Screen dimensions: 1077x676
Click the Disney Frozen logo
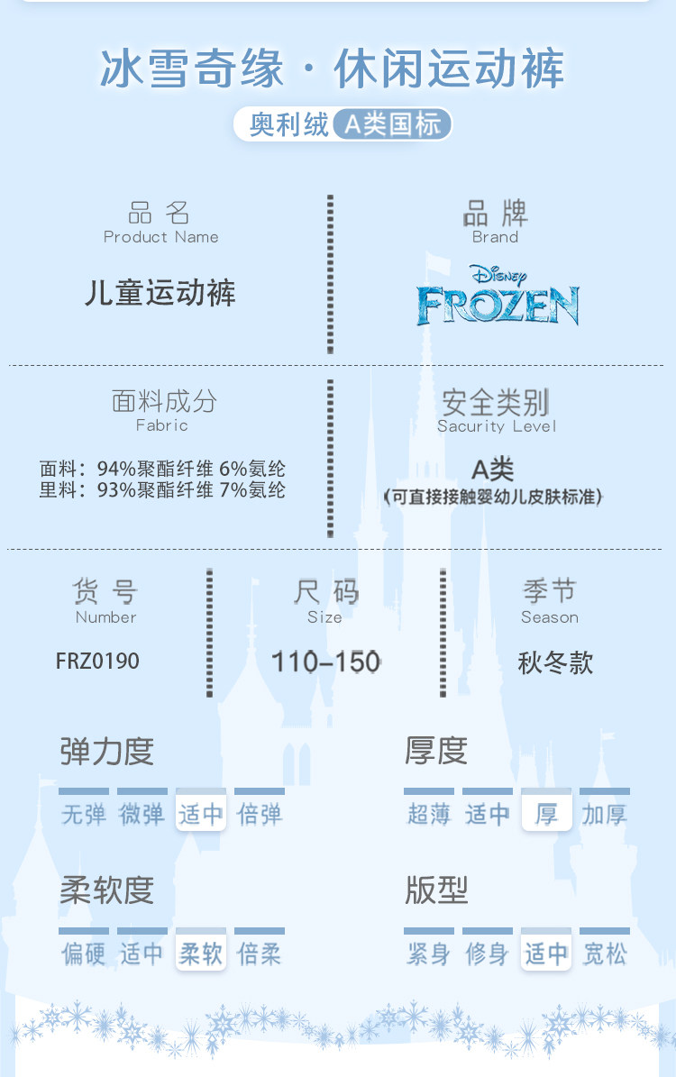click(497, 297)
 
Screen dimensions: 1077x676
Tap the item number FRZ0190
click(97, 662)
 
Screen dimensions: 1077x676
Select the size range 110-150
click(325, 662)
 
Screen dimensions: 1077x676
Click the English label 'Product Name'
click(160, 237)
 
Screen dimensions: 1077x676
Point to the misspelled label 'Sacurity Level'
click(497, 426)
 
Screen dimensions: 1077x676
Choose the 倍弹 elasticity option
click(260, 815)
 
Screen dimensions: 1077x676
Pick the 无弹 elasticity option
click(84, 815)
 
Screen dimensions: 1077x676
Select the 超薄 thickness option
click(429, 815)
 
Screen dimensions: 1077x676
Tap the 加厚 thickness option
click(604, 815)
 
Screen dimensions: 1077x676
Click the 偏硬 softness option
click(84, 954)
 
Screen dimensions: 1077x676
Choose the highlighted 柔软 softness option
click(201, 954)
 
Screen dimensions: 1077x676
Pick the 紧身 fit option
click(429, 954)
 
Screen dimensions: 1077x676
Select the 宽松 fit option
click(604, 954)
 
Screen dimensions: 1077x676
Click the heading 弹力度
click(107, 752)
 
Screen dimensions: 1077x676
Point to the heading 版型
click(436, 890)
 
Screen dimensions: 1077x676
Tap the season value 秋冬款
click(555, 663)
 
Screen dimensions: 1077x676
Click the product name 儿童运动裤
click(160, 294)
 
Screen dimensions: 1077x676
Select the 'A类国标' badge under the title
click(392, 124)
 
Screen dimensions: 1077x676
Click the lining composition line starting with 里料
click(162, 490)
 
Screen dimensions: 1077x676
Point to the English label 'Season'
click(550, 617)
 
